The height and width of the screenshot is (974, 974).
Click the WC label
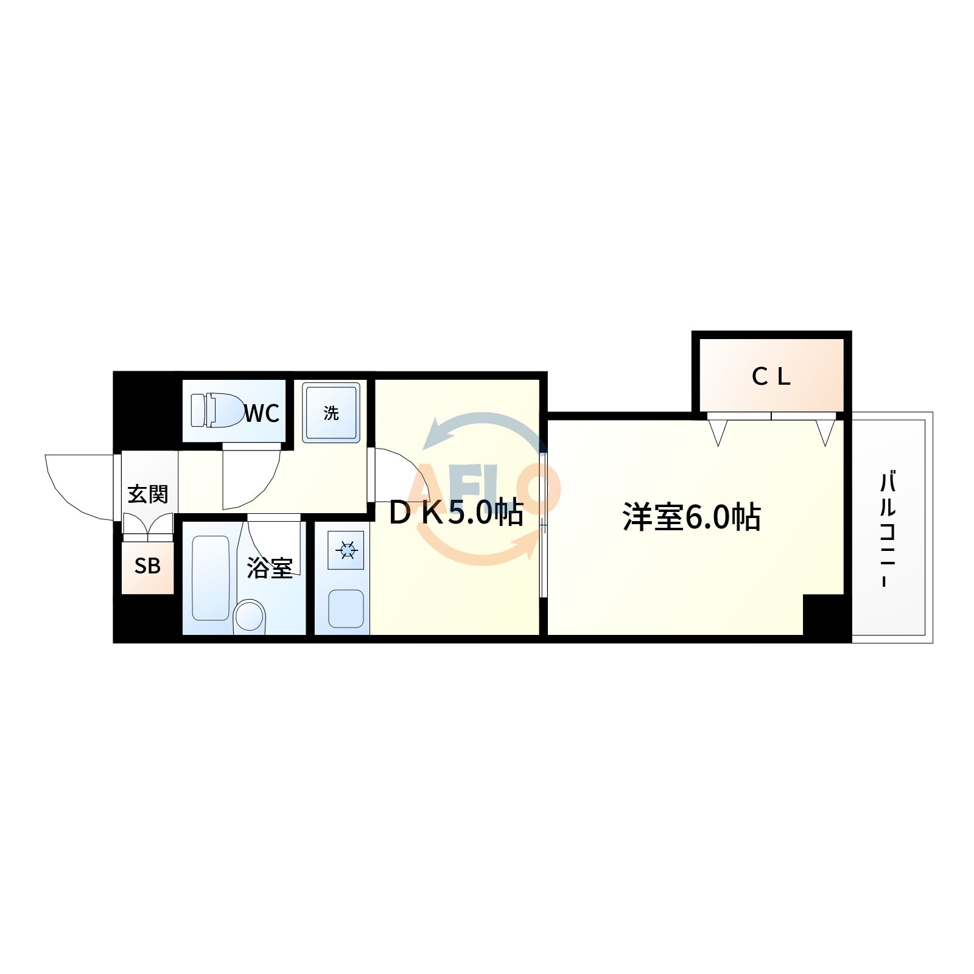tap(262, 414)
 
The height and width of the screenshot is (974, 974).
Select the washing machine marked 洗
tap(331, 412)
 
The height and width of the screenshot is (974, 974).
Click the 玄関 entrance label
tap(148, 494)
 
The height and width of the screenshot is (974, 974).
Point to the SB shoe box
tap(147, 566)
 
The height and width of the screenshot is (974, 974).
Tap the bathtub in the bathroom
tap(211, 578)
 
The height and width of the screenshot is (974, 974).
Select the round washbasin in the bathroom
tap(250, 616)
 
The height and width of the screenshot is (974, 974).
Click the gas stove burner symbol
tap(346, 551)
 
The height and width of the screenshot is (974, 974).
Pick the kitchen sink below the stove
tap(346, 608)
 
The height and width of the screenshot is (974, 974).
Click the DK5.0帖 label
tap(455, 513)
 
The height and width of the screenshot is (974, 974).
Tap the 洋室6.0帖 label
tap(691, 517)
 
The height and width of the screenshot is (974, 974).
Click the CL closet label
tap(771, 377)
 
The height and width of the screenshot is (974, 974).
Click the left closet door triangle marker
tap(718, 432)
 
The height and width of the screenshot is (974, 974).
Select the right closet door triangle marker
tap(825, 432)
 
